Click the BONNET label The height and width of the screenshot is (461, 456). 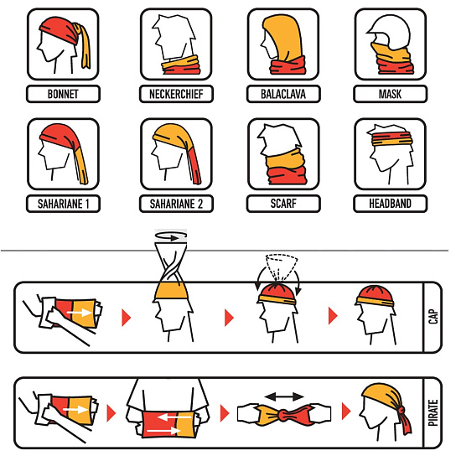63,94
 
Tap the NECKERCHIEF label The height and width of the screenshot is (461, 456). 176,94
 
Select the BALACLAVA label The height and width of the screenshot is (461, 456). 283,94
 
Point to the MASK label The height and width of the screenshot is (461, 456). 390,94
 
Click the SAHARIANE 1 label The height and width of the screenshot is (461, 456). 63,204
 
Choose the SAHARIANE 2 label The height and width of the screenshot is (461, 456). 176,204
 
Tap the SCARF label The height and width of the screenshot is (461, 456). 283,204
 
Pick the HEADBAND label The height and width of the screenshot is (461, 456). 390,204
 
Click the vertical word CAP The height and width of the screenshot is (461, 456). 433,316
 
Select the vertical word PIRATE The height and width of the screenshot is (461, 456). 433,412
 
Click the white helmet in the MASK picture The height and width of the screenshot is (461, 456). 390,31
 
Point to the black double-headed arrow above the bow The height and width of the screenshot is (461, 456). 284,396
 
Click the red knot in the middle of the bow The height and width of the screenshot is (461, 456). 284,415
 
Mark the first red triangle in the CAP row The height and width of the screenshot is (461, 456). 126,317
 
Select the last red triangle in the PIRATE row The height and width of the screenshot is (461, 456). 346,411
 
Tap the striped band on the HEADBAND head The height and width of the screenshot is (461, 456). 391,139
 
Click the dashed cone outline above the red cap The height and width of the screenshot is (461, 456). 281,267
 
